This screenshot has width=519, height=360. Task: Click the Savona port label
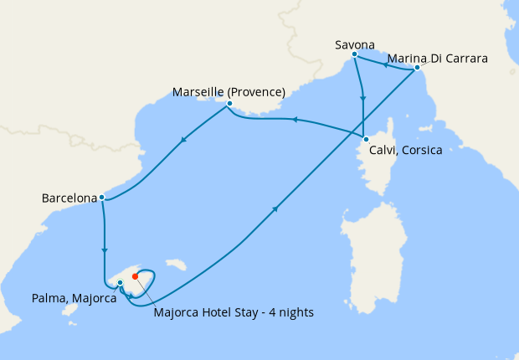point(355,44)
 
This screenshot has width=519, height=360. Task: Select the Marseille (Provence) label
point(229,91)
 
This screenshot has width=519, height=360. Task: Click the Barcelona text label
point(69,198)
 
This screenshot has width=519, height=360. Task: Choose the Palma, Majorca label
point(75,297)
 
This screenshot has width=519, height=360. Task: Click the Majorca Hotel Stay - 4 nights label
point(234,313)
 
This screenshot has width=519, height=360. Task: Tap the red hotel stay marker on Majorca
point(136,275)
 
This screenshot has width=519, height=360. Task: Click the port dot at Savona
point(355,54)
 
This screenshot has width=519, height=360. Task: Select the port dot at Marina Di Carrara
point(417,68)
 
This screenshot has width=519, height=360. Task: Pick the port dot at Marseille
point(229,104)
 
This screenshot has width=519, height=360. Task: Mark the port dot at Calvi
point(366,138)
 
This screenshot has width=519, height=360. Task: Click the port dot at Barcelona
point(101,198)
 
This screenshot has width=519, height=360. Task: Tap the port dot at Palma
point(121,283)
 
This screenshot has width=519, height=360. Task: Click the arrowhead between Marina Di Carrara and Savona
point(386,64)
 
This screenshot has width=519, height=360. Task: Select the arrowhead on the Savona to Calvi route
point(362,97)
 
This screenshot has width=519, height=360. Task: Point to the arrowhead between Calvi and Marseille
point(294,121)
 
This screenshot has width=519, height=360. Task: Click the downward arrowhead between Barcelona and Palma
point(104,249)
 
